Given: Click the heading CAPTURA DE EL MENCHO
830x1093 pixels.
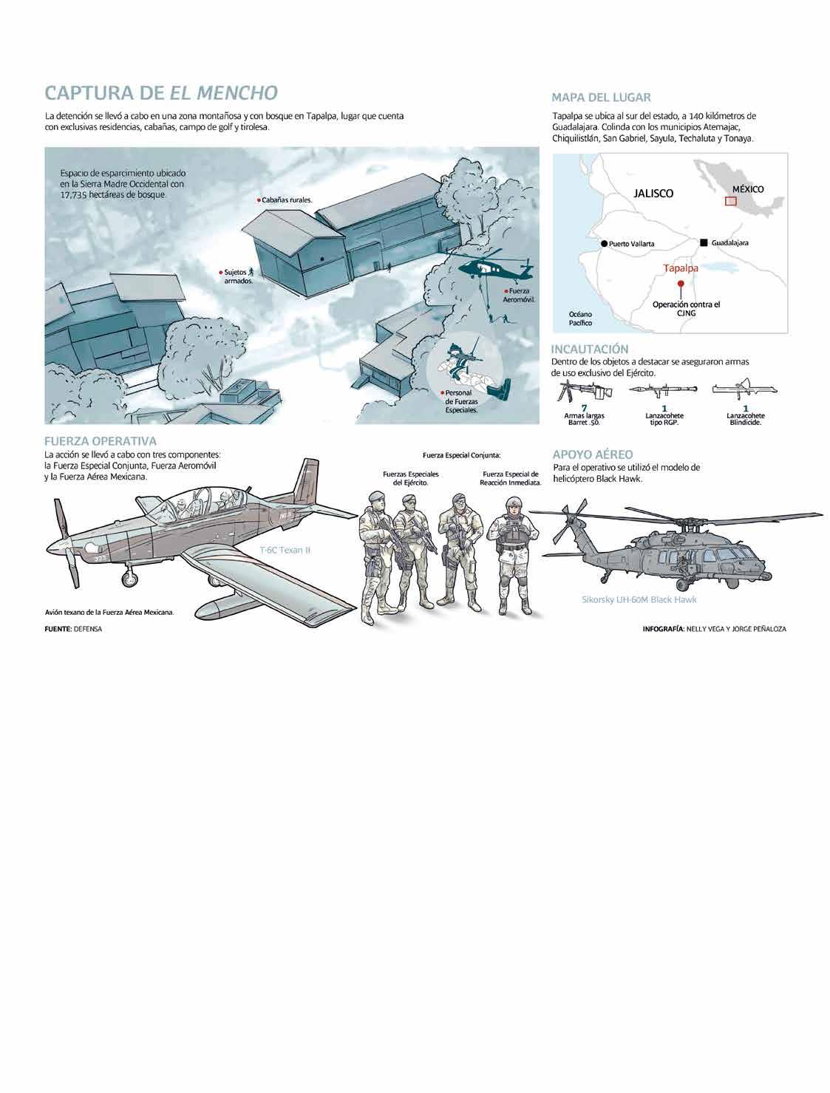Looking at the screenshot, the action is (x=161, y=93).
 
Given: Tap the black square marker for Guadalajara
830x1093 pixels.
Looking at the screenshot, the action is (x=704, y=242).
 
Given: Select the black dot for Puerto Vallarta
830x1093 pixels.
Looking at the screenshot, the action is (x=604, y=243).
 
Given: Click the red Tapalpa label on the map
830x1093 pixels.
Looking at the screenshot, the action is (x=680, y=268).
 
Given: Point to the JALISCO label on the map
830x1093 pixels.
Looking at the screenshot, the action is (x=653, y=193).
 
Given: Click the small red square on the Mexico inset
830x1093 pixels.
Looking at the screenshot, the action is (x=730, y=200).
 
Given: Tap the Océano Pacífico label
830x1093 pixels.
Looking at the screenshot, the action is (x=580, y=319).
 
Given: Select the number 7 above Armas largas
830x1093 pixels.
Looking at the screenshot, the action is (x=583, y=408).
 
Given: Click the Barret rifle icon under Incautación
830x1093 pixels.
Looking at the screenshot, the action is (x=583, y=391).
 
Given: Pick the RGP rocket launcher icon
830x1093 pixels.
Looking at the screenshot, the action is (x=664, y=391).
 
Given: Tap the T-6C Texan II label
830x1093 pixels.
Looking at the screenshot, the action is (x=285, y=551).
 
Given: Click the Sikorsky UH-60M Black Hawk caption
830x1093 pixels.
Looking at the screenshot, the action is (x=639, y=599).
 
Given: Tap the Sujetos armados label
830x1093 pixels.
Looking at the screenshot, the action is (x=237, y=277).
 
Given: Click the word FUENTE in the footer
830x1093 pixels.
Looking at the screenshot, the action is (x=58, y=629).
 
